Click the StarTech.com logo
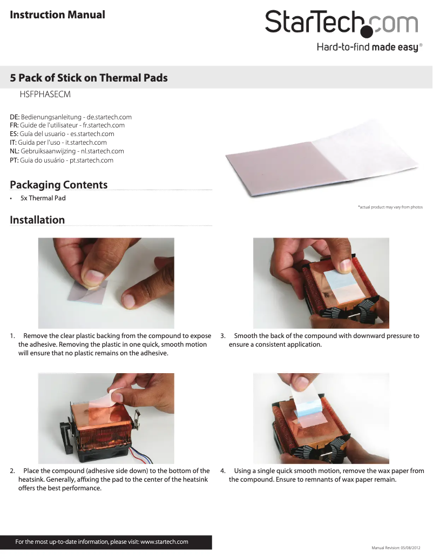click(341, 23)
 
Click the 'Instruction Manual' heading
click(58, 15)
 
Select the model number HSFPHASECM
click(45, 95)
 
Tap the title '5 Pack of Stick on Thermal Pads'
click(89, 78)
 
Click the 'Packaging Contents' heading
click(59, 185)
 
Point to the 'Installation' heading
click(37, 220)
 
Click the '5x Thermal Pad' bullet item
click(43, 198)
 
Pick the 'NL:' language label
click(15, 152)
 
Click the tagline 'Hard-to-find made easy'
click(367, 48)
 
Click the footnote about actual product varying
click(390, 207)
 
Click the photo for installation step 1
click(106, 283)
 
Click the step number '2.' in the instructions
click(13, 471)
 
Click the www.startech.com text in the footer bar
click(164, 542)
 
